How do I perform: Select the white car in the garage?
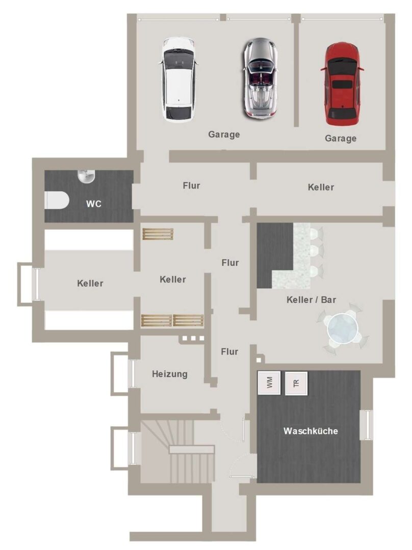click(x=179, y=79)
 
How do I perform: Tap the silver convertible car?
click(x=260, y=78)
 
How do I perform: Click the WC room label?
click(x=94, y=204)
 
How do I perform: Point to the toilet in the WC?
click(x=57, y=200)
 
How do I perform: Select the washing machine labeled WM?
click(x=269, y=382)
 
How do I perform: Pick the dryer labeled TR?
click(x=296, y=383)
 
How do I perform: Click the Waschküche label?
click(x=311, y=431)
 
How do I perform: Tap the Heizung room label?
click(x=170, y=374)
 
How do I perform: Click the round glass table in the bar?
click(x=343, y=329)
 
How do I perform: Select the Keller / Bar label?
click(x=312, y=300)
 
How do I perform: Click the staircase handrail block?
click(x=192, y=449)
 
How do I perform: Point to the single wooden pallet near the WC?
click(x=158, y=234)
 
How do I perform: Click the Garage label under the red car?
click(x=341, y=139)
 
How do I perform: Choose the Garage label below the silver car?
click(x=224, y=134)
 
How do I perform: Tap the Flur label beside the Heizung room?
click(x=229, y=351)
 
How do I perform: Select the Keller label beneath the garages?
click(x=321, y=187)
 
